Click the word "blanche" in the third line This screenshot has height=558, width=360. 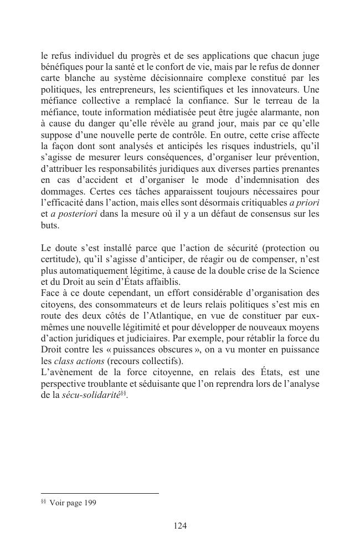pos(81,77)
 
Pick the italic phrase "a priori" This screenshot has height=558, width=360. pos(304,203)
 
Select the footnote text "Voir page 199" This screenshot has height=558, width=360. pos(73,503)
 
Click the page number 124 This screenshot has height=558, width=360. pos(180,526)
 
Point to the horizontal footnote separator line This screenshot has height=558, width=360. pos(100,493)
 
